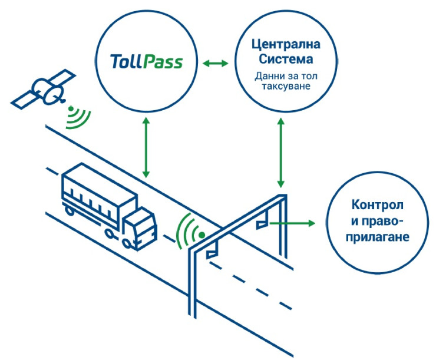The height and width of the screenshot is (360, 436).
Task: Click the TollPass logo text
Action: [x=146, y=61]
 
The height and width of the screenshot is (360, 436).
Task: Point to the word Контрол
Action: [x=377, y=206]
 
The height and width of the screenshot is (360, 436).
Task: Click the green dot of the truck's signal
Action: [x=202, y=234]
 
